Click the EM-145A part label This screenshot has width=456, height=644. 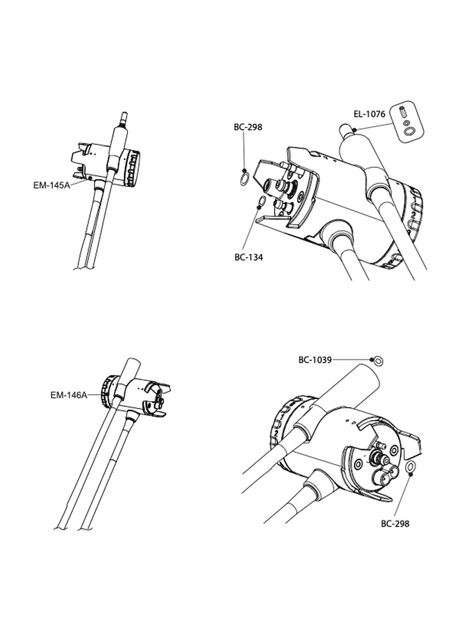tap(52, 185)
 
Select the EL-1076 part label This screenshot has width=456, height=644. tap(370, 114)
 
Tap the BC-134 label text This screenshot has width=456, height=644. tap(249, 257)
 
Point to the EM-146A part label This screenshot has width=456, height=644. tap(69, 395)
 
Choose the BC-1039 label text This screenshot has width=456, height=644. tap(315, 360)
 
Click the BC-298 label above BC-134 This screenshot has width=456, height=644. tap(248, 127)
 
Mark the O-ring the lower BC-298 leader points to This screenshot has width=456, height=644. tap(410, 467)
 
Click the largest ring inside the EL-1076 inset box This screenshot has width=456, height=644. tap(408, 131)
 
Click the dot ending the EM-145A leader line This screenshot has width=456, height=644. tap(90, 178)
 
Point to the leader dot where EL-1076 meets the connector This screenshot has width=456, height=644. tap(355, 130)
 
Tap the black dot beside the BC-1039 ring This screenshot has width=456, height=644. tap(372, 359)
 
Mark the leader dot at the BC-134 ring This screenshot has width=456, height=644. tap(259, 207)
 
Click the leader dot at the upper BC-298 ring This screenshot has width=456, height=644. tap(244, 171)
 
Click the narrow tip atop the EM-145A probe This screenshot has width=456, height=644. tap(124, 116)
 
